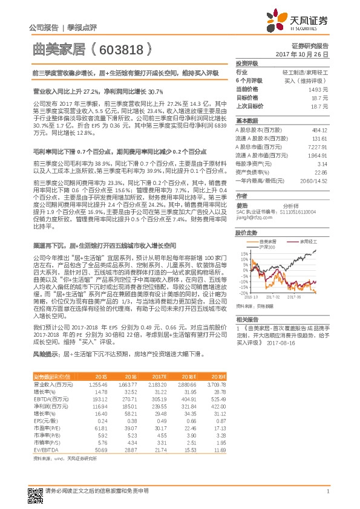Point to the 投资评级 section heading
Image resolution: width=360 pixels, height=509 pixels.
(247, 63)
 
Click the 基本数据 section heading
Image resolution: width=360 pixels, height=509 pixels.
(247, 120)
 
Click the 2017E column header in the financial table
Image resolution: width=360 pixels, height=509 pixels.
(158, 376)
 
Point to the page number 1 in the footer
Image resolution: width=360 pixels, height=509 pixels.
(327, 491)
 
